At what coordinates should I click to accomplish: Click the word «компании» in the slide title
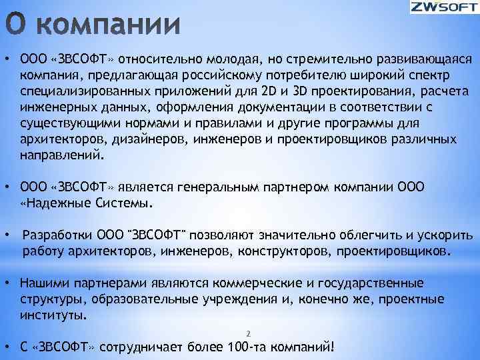coord(113,27)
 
